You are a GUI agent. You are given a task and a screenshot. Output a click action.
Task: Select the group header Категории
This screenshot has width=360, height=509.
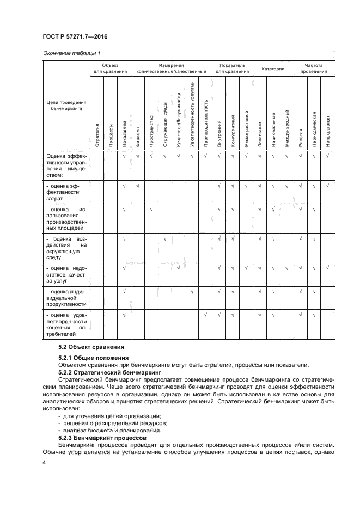tap(273, 69)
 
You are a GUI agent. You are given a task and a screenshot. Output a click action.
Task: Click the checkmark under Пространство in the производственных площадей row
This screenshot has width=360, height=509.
tap(151, 209)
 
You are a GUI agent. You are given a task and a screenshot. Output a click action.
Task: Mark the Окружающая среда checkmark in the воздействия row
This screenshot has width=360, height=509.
tap(164, 238)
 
